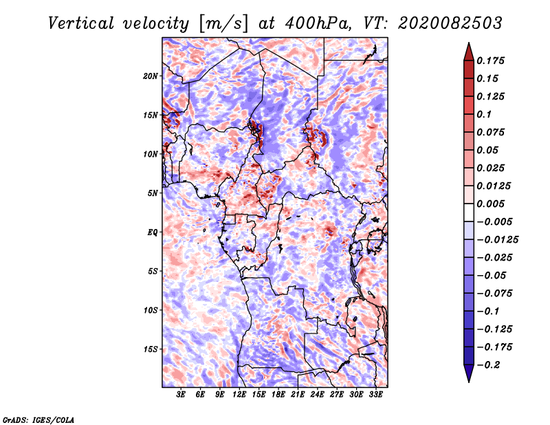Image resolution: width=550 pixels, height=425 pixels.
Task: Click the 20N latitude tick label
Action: tap(151, 76)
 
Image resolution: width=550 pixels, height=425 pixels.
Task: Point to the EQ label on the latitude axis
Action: tap(152, 232)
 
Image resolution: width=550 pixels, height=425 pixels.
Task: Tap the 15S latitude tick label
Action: tap(151, 349)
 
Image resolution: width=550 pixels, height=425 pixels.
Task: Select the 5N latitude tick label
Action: tap(152, 193)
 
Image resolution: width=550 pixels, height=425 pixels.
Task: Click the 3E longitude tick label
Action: tap(181, 395)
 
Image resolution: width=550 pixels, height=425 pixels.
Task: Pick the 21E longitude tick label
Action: tap(298, 395)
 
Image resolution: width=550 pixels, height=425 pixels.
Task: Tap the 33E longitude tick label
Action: tap(375, 395)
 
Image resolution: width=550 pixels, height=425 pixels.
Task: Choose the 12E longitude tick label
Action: tap(240, 395)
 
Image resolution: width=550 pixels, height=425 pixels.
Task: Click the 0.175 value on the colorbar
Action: tap(492, 61)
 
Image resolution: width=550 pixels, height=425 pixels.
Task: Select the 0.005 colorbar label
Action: tap(492, 204)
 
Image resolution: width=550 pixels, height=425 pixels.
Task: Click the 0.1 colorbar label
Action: tap(485, 114)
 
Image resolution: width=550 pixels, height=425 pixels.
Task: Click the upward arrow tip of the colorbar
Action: tap(468, 45)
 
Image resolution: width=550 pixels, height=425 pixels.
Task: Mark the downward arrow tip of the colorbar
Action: tap(468, 380)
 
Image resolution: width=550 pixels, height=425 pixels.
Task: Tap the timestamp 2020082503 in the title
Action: tap(441, 23)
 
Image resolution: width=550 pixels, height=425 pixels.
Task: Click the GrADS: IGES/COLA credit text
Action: tap(38, 418)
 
